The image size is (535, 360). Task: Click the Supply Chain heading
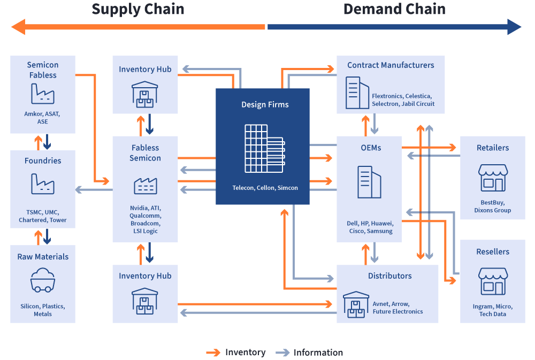pos(138,9)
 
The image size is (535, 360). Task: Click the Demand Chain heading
pos(394,9)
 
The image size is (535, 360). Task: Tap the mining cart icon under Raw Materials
pos(43,281)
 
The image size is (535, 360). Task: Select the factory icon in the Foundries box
pos(42,184)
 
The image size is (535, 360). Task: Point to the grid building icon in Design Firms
pos(265,148)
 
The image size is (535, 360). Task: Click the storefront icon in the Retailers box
pos(493,178)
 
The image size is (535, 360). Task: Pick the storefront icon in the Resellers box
pos(493,282)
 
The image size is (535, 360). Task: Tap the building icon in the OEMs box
pos(369,182)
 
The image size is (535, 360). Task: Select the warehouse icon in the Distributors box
pos(356,304)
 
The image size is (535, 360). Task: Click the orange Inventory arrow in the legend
pos(213,353)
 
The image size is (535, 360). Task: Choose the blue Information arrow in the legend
pos(282,353)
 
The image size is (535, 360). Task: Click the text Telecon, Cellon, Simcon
pos(265,188)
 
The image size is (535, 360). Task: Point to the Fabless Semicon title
pos(145,153)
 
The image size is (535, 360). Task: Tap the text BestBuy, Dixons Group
pos(492,206)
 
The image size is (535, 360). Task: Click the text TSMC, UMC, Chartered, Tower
pos(43,216)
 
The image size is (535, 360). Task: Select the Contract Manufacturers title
pos(391,65)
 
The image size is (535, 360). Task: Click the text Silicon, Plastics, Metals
pos(43,310)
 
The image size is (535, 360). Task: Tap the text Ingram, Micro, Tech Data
pos(493,310)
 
